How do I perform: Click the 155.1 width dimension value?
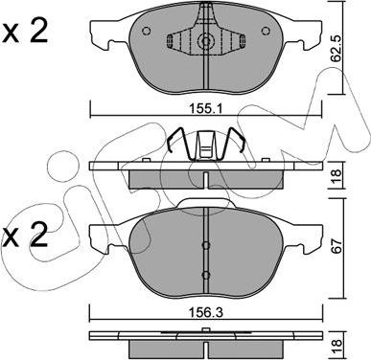[206, 109]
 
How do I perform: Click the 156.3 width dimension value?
[206, 312]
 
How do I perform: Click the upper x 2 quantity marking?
[25, 31]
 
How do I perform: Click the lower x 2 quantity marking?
[25, 235]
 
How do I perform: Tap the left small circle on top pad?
[146, 31]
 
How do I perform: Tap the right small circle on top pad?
[266, 31]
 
